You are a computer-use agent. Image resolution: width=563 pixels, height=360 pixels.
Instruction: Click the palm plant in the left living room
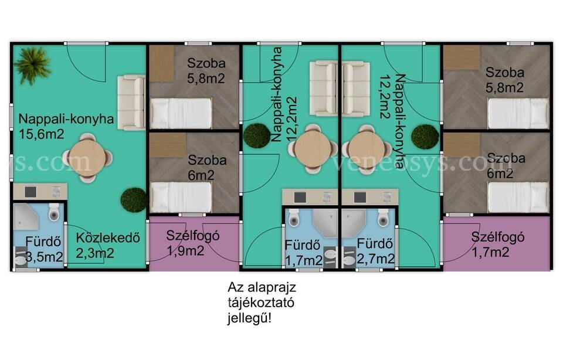click(x=33, y=65)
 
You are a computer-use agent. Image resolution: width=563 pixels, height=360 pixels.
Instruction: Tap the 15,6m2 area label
click(x=42, y=134)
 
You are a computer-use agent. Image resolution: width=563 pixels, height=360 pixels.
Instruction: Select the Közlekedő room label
click(x=108, y=237)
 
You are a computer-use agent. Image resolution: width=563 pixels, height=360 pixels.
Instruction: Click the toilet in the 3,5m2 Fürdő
click(x=54, y=212)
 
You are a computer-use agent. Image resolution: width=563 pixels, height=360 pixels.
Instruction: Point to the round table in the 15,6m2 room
click(x=87, y=158)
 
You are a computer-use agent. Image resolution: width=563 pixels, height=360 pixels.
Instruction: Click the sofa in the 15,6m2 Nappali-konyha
click(x=131, y=103)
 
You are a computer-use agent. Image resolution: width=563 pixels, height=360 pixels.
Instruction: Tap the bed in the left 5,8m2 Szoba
click(x=181, y=113)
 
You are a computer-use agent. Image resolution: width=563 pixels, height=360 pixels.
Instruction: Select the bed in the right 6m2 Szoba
click(x=518, y=197)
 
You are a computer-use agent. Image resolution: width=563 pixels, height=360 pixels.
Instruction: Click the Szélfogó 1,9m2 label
click(x=193, y=243)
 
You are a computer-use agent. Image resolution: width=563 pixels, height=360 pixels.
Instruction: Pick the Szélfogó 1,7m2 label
click(x=498, y=244)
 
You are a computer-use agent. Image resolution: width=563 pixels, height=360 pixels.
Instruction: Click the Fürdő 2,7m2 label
click(x=375, y=252)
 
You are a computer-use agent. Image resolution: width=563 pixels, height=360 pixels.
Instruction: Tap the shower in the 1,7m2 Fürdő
click(x=325, y=223)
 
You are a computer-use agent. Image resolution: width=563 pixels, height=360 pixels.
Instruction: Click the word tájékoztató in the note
click(x=261, y=303)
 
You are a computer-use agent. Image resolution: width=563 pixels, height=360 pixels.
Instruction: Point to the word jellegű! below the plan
click(x=249, y=318)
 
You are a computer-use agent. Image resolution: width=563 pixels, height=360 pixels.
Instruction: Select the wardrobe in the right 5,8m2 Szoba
click(x=462, y=57)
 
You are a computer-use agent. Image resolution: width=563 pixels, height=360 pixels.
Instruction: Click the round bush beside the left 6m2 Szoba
click(x=134, y=200)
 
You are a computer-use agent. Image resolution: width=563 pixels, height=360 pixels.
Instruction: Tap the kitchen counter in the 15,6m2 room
click(x=40, y=191)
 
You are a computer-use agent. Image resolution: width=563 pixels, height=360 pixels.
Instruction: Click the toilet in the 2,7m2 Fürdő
click(x=383, y=218)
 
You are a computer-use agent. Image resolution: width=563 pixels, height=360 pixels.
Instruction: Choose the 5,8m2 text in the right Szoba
click(x=504, y=87)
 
